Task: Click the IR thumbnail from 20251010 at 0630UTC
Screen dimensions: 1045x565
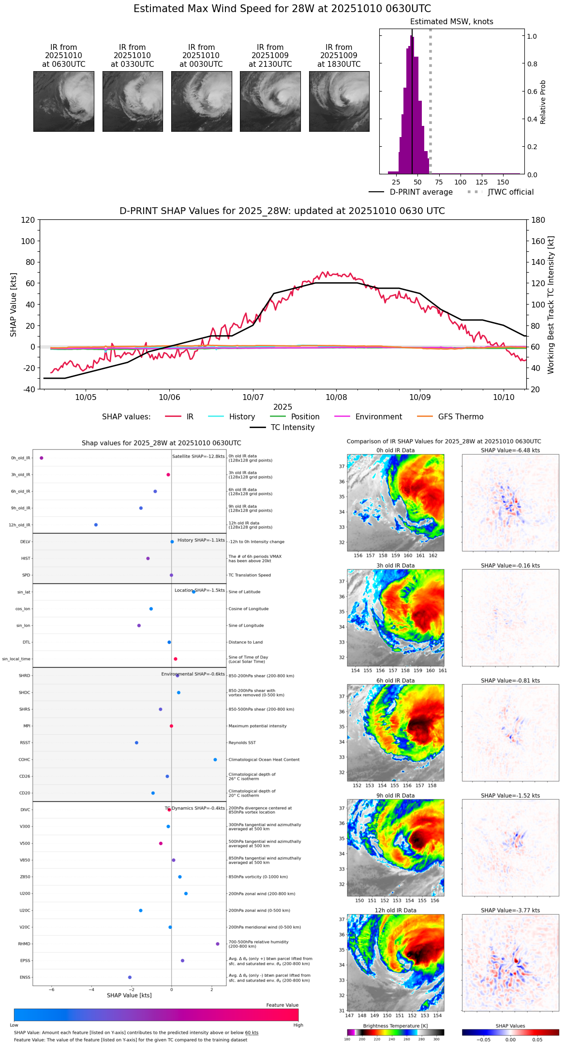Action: pos(63,101)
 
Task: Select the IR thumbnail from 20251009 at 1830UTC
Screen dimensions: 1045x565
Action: pos(339,101)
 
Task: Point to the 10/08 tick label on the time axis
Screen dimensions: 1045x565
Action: pos(336,398)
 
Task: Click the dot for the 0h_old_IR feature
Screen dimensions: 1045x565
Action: pos(42,458)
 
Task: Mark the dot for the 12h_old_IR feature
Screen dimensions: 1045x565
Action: pos(96,525)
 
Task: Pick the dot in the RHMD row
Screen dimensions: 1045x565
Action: pos(218,944)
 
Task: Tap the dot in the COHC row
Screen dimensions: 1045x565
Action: pos(215,760)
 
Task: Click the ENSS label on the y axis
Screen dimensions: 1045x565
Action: pos(25,977)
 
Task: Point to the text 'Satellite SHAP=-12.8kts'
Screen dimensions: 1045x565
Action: pos(198,457)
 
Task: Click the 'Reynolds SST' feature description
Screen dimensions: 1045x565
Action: pos(242,743)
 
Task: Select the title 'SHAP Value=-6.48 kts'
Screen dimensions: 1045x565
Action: pos(510,450)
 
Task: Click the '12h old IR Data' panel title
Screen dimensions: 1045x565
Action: pos(395,910)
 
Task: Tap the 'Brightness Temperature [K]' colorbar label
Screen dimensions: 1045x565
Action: pos(395,1026)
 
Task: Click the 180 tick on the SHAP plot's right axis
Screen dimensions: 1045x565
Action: pos(538,220)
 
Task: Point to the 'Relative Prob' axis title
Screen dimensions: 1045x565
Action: pos(543,102)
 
